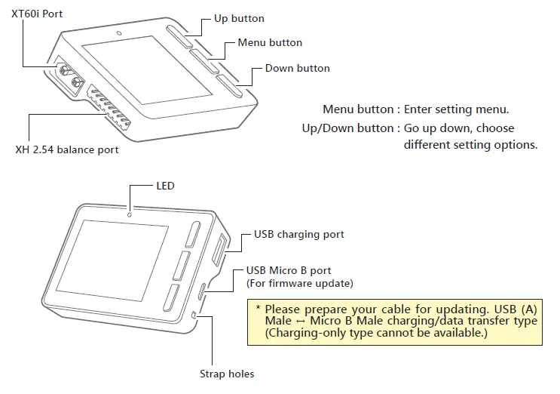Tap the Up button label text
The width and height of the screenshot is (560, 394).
point(239,17)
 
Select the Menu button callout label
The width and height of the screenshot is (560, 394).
point(270,43)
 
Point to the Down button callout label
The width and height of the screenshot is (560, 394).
point(297,68)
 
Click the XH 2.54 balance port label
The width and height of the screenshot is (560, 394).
point(67,150)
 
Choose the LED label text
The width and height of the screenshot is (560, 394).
point(164,186)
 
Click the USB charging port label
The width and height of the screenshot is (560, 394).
point(298,235)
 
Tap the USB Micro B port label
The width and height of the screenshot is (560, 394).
point(289,270)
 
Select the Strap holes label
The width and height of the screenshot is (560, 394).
point(226,374)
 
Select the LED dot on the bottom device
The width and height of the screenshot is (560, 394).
point(130,214)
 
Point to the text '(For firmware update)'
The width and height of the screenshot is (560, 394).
point(299,283)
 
